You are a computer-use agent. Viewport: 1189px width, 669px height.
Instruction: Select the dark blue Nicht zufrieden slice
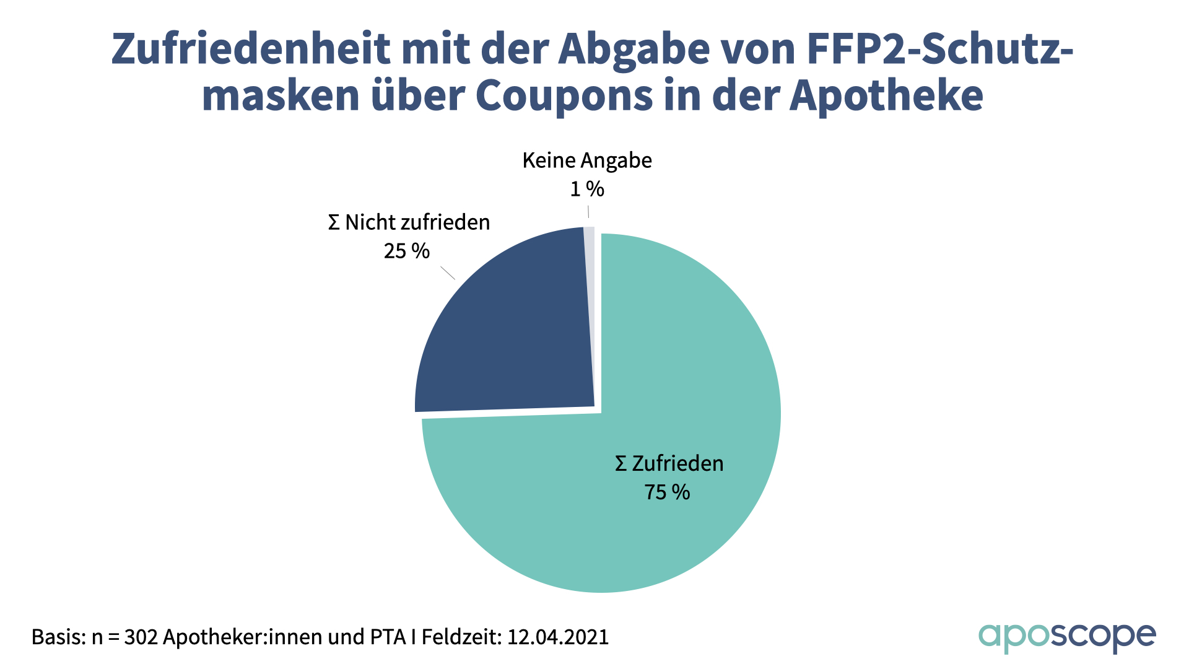508,334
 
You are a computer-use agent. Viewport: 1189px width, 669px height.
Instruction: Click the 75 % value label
667,492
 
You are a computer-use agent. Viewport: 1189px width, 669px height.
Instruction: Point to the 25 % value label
406,251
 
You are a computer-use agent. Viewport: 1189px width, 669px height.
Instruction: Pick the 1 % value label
586,189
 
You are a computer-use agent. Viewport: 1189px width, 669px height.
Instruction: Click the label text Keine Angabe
587,160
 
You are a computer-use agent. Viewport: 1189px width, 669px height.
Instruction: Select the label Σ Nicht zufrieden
409,222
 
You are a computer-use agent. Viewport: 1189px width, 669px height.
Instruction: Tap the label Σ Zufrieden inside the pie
669,463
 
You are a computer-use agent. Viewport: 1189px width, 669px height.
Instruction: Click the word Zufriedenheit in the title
251,50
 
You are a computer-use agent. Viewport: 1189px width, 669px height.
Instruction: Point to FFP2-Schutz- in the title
939,50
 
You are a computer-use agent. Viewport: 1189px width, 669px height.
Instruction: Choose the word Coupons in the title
564,96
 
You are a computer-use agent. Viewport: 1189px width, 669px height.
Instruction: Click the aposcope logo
1067,637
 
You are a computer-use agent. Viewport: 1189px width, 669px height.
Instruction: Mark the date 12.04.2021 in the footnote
558,637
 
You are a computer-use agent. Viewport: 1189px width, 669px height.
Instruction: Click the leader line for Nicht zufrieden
448,273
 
